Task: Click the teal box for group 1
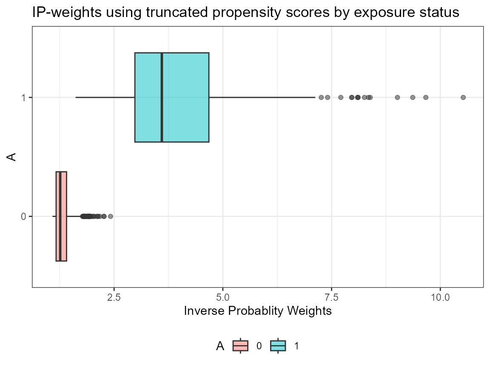point(185,97)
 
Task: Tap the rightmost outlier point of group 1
point(463,97)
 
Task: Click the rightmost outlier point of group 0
point(111,217)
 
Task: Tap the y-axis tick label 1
point(24,97)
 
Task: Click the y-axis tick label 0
point(24,217)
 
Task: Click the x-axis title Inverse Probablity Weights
point(258,311)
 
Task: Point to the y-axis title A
point(13,157)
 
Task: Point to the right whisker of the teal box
point(262,97)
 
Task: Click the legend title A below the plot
point(220,346)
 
